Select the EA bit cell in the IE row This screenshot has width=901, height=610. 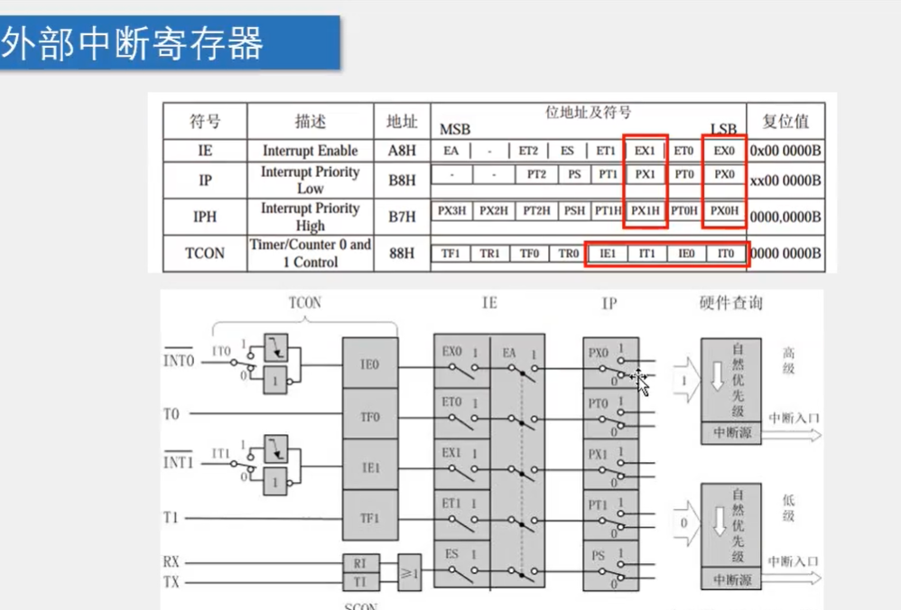tap(450, 151)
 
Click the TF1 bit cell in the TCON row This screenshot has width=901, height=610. tap(450, 254)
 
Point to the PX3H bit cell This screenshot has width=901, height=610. tap(451, 211)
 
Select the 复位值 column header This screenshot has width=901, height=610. tap(785, 121)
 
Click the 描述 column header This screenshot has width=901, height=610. tap(310, 121)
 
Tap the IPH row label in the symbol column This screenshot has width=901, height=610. tap(205, 217)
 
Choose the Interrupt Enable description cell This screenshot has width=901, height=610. tap(310, 151)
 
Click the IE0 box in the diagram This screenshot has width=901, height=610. tap(369, 365)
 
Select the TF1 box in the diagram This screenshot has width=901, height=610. tap(369, 519)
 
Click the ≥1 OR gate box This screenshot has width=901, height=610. tap(409, 572)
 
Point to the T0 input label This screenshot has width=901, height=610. tap(172, 414)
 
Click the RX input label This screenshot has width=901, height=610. tap(172, 562)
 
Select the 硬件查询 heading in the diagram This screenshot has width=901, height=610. tap(730, 302)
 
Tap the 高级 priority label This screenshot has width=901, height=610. tap(788, 361)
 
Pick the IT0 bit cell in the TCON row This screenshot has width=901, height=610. tap(725, 254)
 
